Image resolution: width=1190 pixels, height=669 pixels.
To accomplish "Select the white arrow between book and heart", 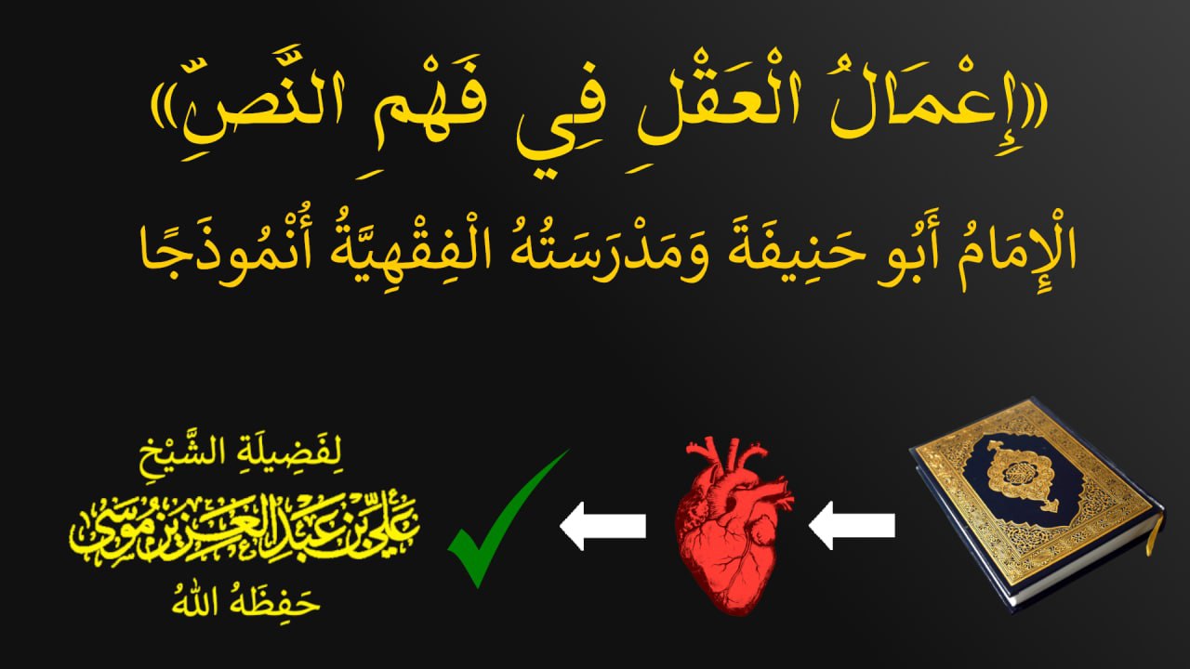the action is tap(852, 526).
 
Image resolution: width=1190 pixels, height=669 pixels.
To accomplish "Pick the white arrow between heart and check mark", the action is tap(602, 526).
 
